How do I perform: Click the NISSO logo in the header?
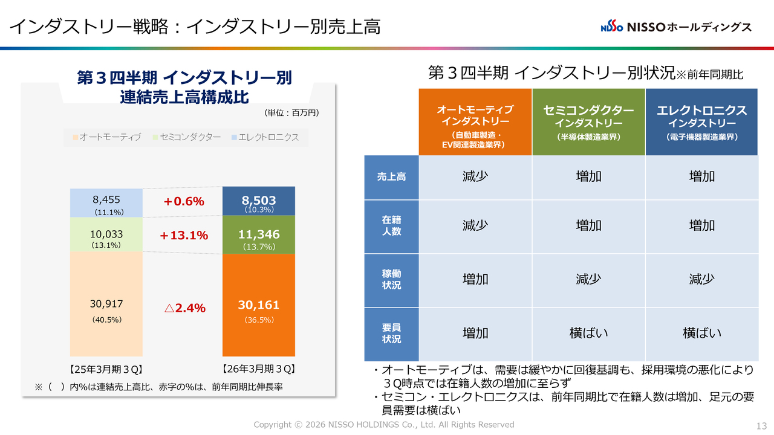(x=676, y=27)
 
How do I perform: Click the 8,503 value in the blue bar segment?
(x=259, y=201)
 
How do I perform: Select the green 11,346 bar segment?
(x=259, y=235)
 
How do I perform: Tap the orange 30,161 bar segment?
(x=259, y=305)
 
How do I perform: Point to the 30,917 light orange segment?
(x=106, y=304)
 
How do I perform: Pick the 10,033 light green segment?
(x=106, y=234)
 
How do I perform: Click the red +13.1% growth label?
(x=184, y=236)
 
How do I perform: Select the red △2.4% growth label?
(x=184, y=308)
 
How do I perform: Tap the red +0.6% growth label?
(x=184, y=201)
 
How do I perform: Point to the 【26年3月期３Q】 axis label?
(x=258, y=369)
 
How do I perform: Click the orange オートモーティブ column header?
(x=475, y=122)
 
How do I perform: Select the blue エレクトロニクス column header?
(x=701, y=122)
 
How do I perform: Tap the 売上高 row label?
(x=391, y=177)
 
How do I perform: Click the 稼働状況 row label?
(x=391, y=279)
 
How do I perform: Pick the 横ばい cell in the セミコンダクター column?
(x=588, y=333)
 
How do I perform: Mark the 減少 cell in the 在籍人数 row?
(x=475, y=225)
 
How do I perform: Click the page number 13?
(x=761, y=425)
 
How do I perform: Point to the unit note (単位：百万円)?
(x=291, y=112)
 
